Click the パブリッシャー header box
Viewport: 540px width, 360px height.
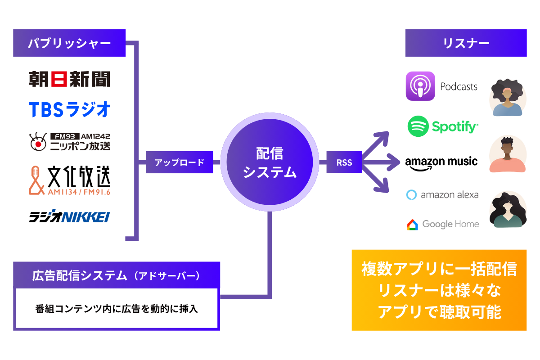point(69,43)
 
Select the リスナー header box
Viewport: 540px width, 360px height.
point(466,43)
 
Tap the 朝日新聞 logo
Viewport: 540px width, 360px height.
point(69,79)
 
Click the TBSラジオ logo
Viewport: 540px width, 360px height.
point(69,109)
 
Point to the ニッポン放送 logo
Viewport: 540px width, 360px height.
point(69,141)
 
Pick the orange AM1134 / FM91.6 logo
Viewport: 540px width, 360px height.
point(69,181)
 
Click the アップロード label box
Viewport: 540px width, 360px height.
point(179,162)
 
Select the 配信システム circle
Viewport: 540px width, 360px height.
point(270,162)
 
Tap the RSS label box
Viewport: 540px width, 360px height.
point(344,162)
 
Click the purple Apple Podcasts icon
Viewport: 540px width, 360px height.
point(420,86)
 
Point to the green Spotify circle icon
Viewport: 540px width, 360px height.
point(418,126)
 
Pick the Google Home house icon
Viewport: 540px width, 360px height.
point(412,224)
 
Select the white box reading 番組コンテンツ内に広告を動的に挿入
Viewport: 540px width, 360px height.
point(117,309)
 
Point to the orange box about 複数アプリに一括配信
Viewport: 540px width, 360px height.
point(439,290)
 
